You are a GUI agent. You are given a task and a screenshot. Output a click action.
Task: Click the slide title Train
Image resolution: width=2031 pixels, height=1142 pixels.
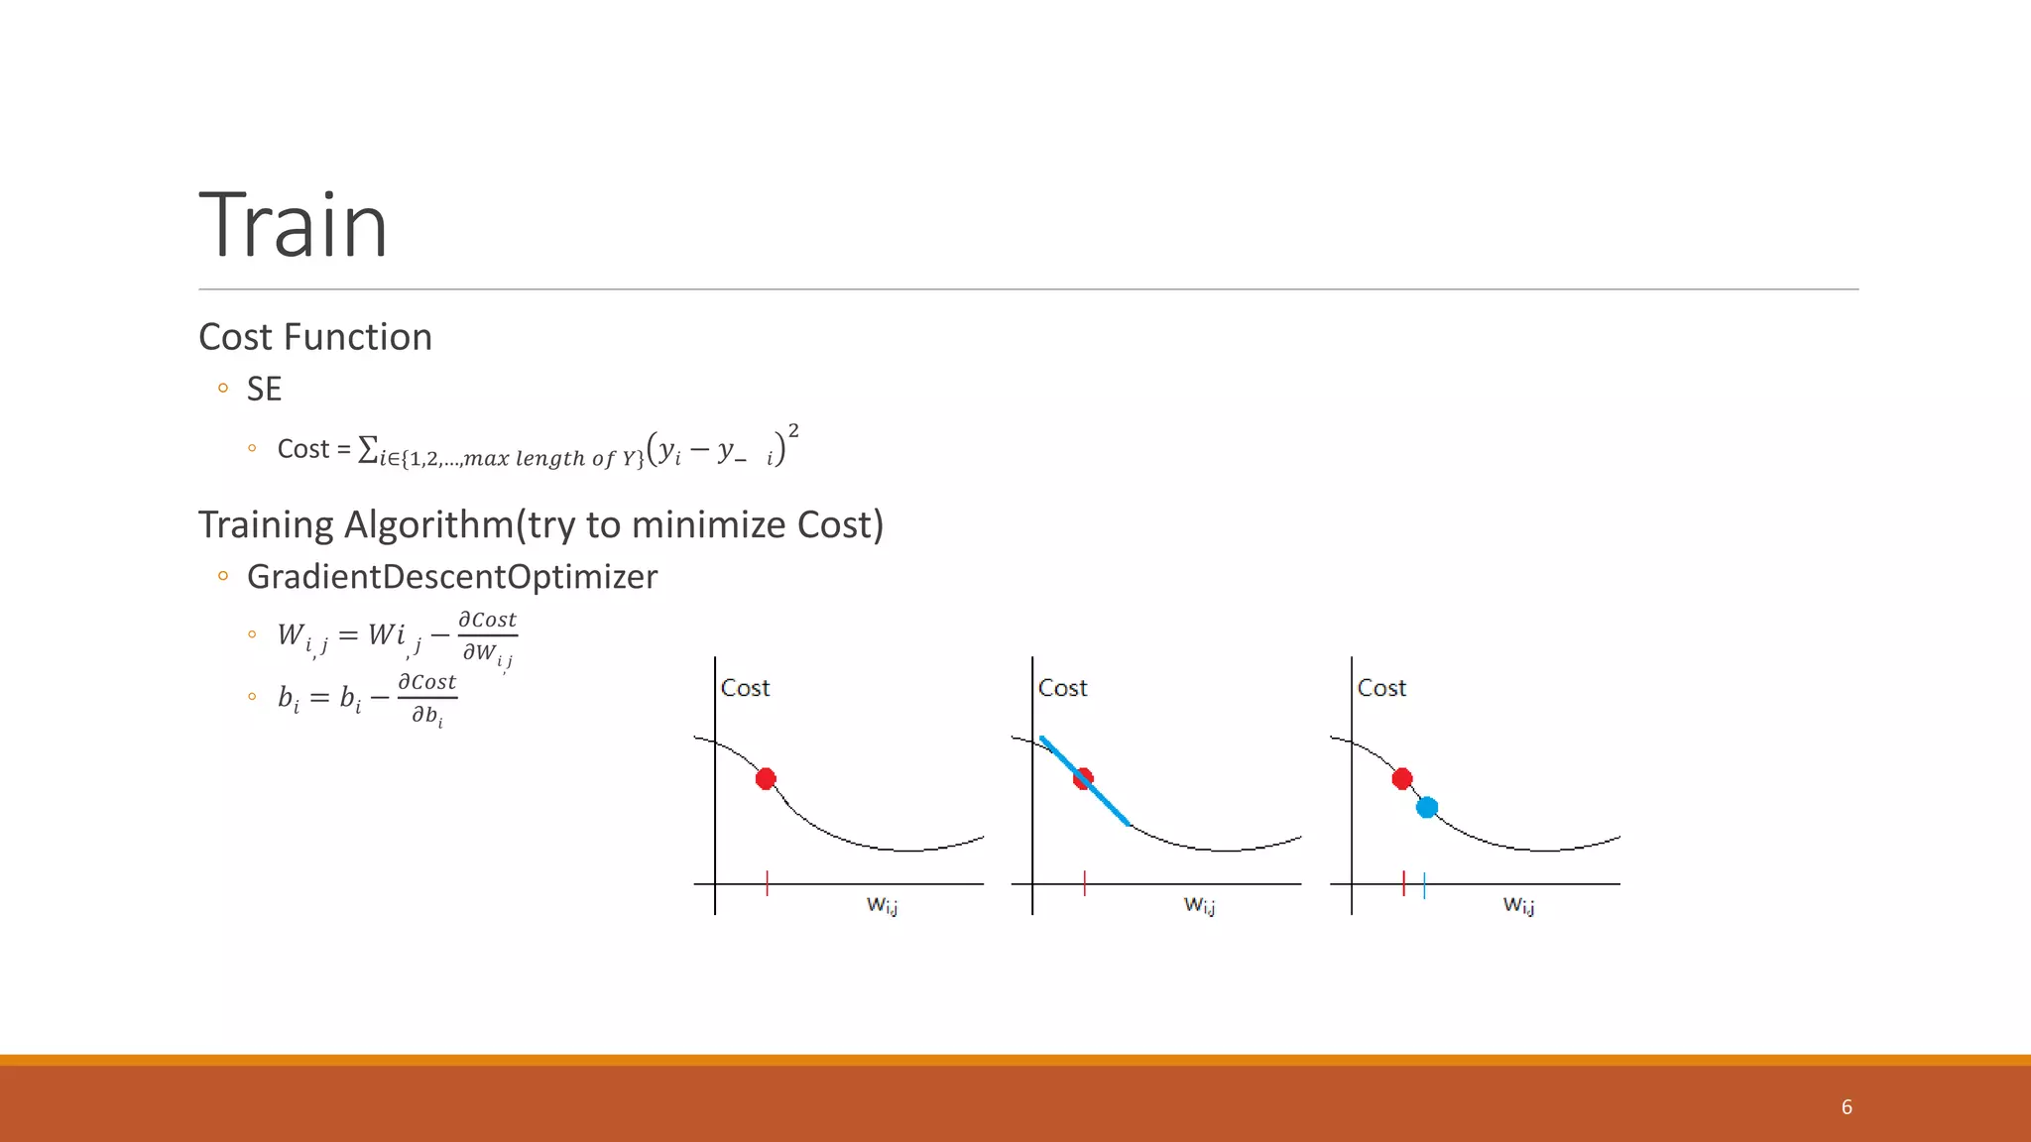294,226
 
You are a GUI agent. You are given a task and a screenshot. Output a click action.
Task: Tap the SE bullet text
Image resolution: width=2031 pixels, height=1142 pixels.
264,389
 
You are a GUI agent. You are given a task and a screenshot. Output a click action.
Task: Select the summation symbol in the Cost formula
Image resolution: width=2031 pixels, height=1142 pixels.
367,449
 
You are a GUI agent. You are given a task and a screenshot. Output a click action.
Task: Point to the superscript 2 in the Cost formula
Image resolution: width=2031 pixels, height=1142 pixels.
793,430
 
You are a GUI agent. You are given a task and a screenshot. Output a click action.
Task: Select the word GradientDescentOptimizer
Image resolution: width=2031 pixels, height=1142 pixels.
451,576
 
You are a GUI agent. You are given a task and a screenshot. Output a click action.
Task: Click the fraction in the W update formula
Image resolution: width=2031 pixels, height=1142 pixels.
487,636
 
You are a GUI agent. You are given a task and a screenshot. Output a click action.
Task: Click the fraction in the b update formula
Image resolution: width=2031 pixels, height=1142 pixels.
426,698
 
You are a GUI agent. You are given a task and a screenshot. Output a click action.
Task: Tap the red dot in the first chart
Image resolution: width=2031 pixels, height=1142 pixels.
766,779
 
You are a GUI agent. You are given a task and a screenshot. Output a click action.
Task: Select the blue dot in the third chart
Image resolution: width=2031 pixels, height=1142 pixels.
1427,808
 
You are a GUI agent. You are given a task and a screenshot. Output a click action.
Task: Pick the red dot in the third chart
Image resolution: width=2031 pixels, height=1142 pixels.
1401,779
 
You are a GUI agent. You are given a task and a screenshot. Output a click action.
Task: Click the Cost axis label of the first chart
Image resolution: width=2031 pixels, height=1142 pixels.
745,688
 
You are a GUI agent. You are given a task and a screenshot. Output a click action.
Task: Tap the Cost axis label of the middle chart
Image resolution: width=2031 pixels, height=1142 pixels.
1062,688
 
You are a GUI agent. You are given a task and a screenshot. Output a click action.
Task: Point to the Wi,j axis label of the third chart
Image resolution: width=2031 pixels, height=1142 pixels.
1518,904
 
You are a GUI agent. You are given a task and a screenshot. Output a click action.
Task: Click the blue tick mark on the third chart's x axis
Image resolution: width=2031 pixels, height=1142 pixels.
1424,884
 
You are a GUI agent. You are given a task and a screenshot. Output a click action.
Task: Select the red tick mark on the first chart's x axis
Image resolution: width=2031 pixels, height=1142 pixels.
767,883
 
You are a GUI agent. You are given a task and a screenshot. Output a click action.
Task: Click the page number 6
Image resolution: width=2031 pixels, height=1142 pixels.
1847,1107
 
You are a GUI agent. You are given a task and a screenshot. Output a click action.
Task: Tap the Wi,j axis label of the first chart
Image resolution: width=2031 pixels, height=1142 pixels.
882,904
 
